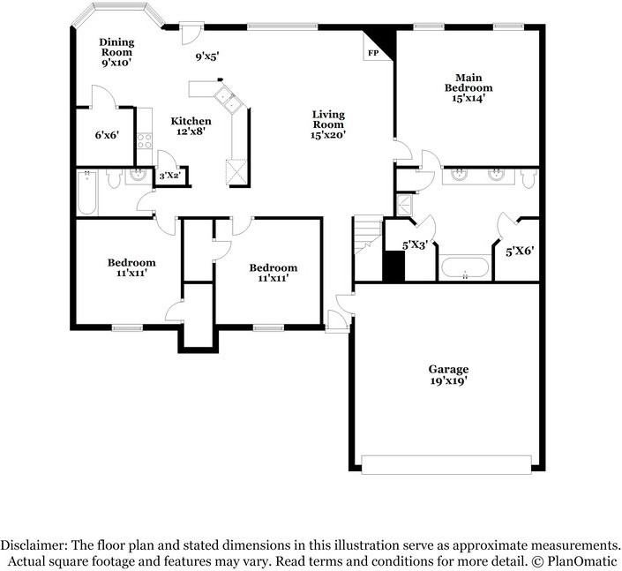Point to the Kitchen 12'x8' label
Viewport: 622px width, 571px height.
pyautogui.click(x=191, y=126)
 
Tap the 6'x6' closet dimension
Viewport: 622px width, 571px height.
pyautogui.click(x=107, y=135)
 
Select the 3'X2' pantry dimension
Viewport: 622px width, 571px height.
pyautogui.click(x=169, y=176)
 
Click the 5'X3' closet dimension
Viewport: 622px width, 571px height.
pyautogui.click(x=415, y=245)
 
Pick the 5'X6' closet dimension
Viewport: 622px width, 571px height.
pyautogui.click(x=520, y=251)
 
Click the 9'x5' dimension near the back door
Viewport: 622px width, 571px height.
pyautogui.click(x=206, y=57)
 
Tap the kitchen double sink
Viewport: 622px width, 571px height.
pyautogui.click(x=230, y=101)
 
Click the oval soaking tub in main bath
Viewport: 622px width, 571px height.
pyautogui.click(x=464, y=267)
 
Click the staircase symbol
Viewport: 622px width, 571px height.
pyautogui.click(x=366, y=237)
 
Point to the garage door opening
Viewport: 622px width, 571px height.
pyautogui.click(x=446, y=464)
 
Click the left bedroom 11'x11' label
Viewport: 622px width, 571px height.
pyautogui.click(x=131, y=267)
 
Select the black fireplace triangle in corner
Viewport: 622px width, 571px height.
pyautogui.click(x=380, y=41)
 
